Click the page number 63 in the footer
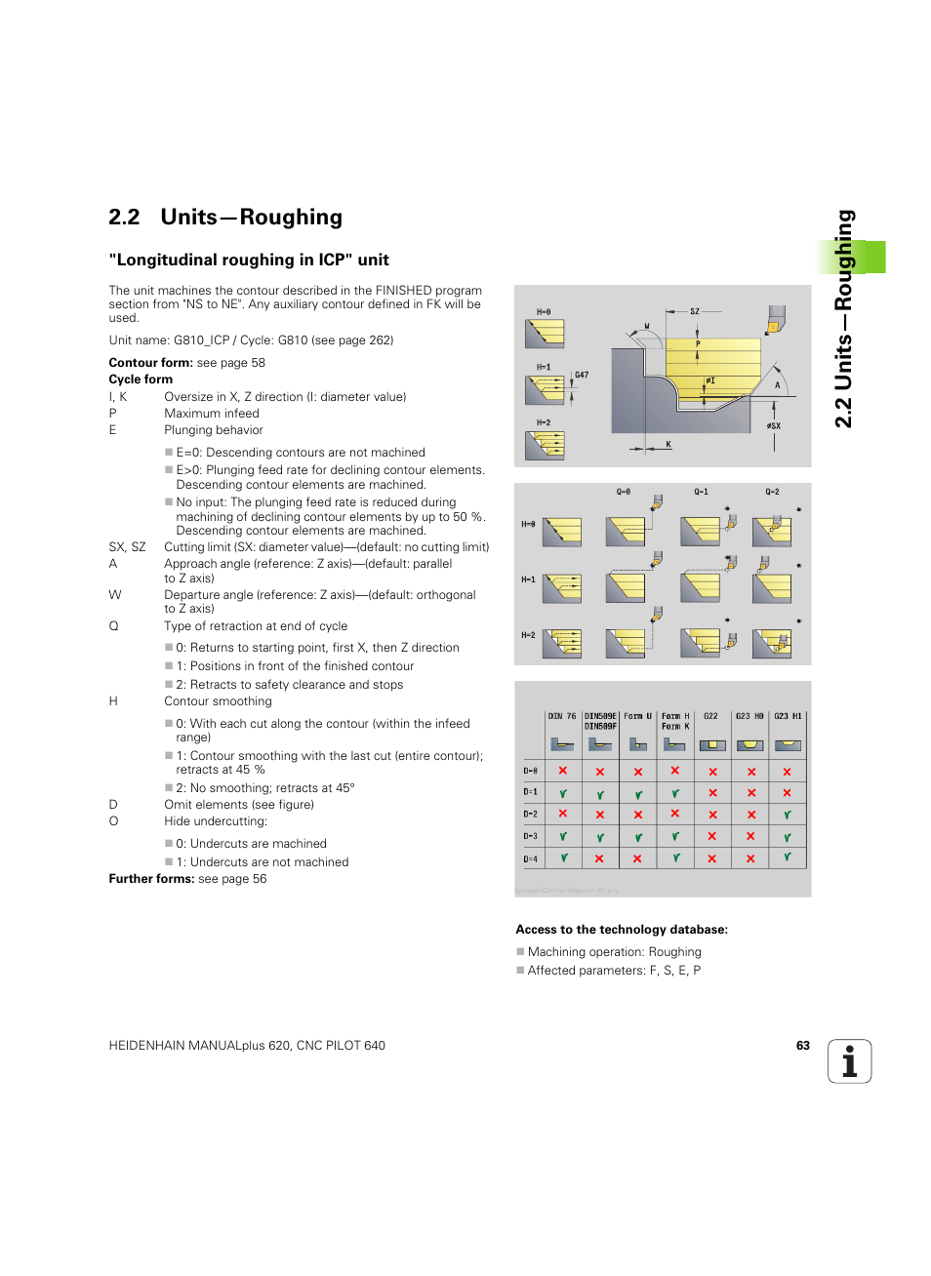pos(802,1045)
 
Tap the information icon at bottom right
pos(849,1061)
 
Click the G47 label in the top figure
pos(582,375)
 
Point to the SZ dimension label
pos(695,311)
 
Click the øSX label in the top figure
pos(773,426)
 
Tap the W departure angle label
pos(646,327)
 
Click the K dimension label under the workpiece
pos(668,444)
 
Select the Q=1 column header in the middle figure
pos(701,492)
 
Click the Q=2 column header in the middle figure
pos(772,492)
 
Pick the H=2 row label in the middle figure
pos(528,635)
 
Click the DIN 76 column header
pos(562,716)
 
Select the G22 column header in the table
pos(710,716)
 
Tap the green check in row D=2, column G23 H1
pos(787,815)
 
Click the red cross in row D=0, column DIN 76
pos(563,771)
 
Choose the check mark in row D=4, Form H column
pos(674,858)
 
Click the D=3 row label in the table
pos(530,836)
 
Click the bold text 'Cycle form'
pos(141,379)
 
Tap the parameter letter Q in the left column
pos(113,626)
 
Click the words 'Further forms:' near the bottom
pos(151,879)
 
